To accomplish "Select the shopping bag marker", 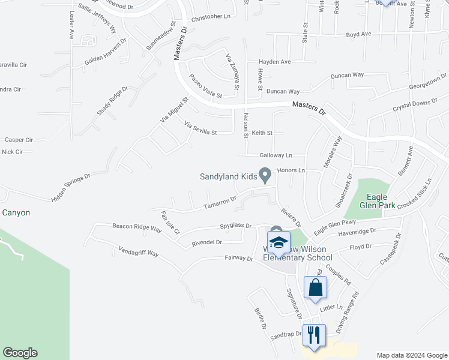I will tap(316, 288).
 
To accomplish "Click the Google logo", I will tap(20, 353).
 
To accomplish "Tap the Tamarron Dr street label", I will tap(220, 204).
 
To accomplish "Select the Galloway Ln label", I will tap(276, 155).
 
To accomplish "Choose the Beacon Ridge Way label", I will tap(137, 228).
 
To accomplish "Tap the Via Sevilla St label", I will tap(200, 128).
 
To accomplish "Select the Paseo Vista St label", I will tap(206, 86).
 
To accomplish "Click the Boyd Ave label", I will tap(359, 35).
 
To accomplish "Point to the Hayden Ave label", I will tap(274, 62).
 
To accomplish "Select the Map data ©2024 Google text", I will tap(412, 355).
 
